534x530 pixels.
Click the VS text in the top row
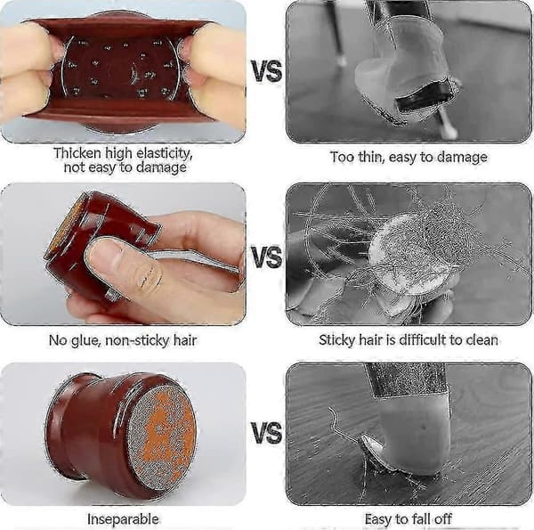[267, 71]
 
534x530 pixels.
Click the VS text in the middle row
[267, 256]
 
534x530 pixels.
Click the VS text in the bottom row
[267, 432]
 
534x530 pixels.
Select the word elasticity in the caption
[164, 154]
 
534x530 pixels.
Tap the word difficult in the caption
[422, 339]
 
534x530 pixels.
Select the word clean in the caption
[482, 339]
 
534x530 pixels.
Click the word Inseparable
[123, 519]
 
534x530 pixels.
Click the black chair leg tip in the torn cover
[423, 97]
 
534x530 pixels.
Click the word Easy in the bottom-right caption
[378, 519]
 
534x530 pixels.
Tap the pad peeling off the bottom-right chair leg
[384, 453]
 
